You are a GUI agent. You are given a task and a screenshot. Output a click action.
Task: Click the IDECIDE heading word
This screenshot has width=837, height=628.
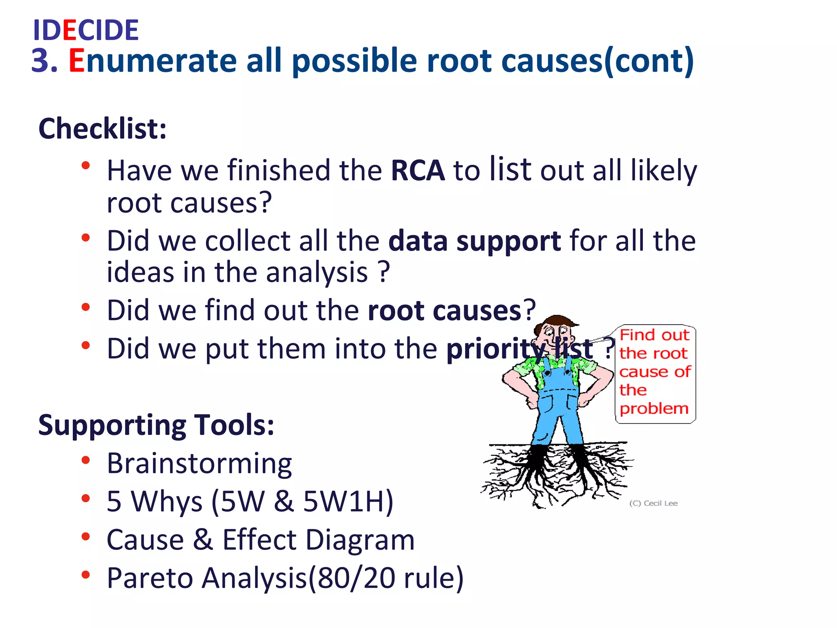coord(86,30)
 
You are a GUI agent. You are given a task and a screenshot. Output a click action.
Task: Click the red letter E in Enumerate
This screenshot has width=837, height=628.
coord(76,61)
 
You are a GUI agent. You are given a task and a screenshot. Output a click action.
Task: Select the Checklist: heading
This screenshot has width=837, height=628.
coord(102,129)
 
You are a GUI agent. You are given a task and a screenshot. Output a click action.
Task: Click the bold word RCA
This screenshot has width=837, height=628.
coord(418,170)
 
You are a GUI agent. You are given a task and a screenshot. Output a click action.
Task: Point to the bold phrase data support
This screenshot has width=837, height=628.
coord(474,241)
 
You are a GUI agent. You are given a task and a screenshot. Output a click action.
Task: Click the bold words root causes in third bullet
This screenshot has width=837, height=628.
coord(444,311)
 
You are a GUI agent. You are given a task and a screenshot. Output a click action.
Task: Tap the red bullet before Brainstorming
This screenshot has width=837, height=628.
coord(85,460)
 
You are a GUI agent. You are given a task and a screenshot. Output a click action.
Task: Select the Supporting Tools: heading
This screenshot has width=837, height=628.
coord(156,425)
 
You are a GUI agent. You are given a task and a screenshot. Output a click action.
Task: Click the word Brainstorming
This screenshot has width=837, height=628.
coord(199,464)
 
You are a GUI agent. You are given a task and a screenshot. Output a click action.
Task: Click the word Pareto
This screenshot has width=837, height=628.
coord(150,578)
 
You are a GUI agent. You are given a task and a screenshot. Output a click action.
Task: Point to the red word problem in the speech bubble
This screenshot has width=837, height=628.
coord(654,408)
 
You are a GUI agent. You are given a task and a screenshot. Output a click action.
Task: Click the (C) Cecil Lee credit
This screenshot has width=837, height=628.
coord(653,503)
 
